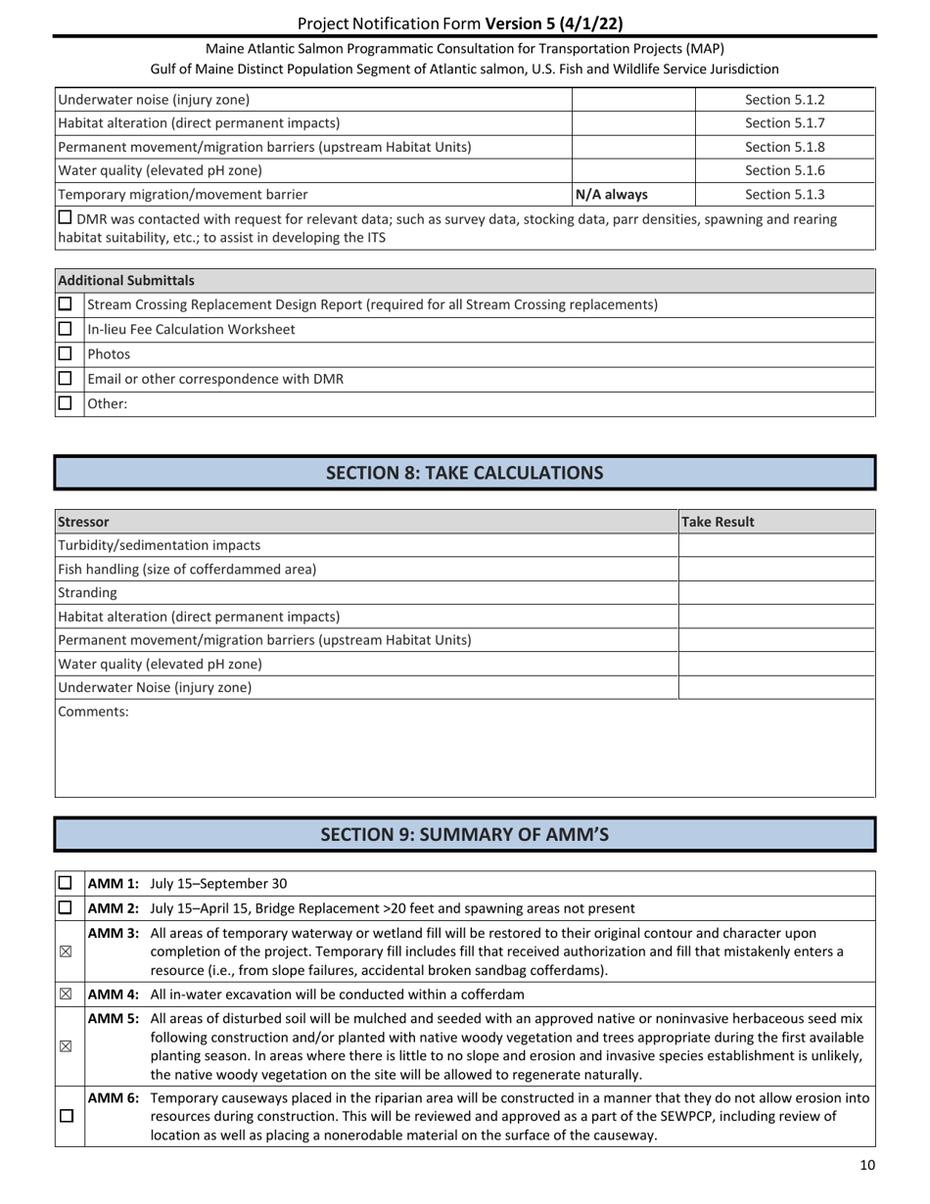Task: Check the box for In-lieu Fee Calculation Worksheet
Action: click(66, 330)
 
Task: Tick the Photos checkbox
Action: click(66, 354)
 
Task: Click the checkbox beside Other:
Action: click(66, 402)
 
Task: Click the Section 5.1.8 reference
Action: click(784, 147)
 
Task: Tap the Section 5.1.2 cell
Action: click(784, 99)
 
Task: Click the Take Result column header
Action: click(718, 522)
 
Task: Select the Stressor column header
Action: click(84, 522)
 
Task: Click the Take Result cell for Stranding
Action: click(775, 592)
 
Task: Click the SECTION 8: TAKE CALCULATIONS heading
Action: click(464, 473)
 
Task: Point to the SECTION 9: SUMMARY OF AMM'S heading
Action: click(464, 834)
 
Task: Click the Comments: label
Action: click(94, 712)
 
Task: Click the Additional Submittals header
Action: click(126, 280)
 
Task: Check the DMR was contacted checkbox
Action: click(66, 218)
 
